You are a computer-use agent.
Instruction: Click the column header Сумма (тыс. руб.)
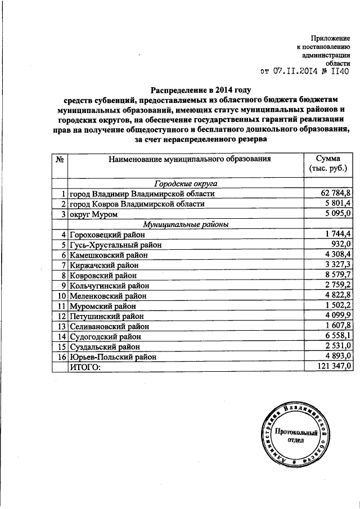328,164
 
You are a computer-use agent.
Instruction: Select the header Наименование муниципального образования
185,159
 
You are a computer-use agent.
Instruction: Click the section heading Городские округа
185,183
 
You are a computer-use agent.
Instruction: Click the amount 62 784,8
336,193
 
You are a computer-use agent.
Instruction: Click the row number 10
60,295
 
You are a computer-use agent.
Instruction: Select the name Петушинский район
107,315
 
